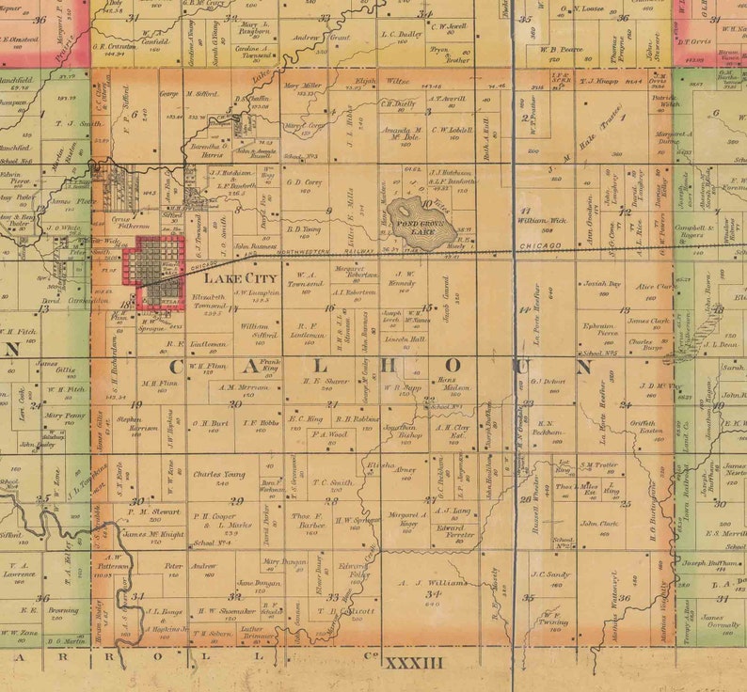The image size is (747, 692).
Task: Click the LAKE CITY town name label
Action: [240, 279]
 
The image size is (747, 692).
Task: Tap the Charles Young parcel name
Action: [219, 475]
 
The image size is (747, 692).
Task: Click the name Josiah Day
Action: [602, 283]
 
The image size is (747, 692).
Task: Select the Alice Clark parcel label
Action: [653, 287]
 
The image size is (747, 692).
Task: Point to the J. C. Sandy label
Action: [550, 574]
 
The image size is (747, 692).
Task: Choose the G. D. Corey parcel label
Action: [304, 183]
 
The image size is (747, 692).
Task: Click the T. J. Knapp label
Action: [597, 82]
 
